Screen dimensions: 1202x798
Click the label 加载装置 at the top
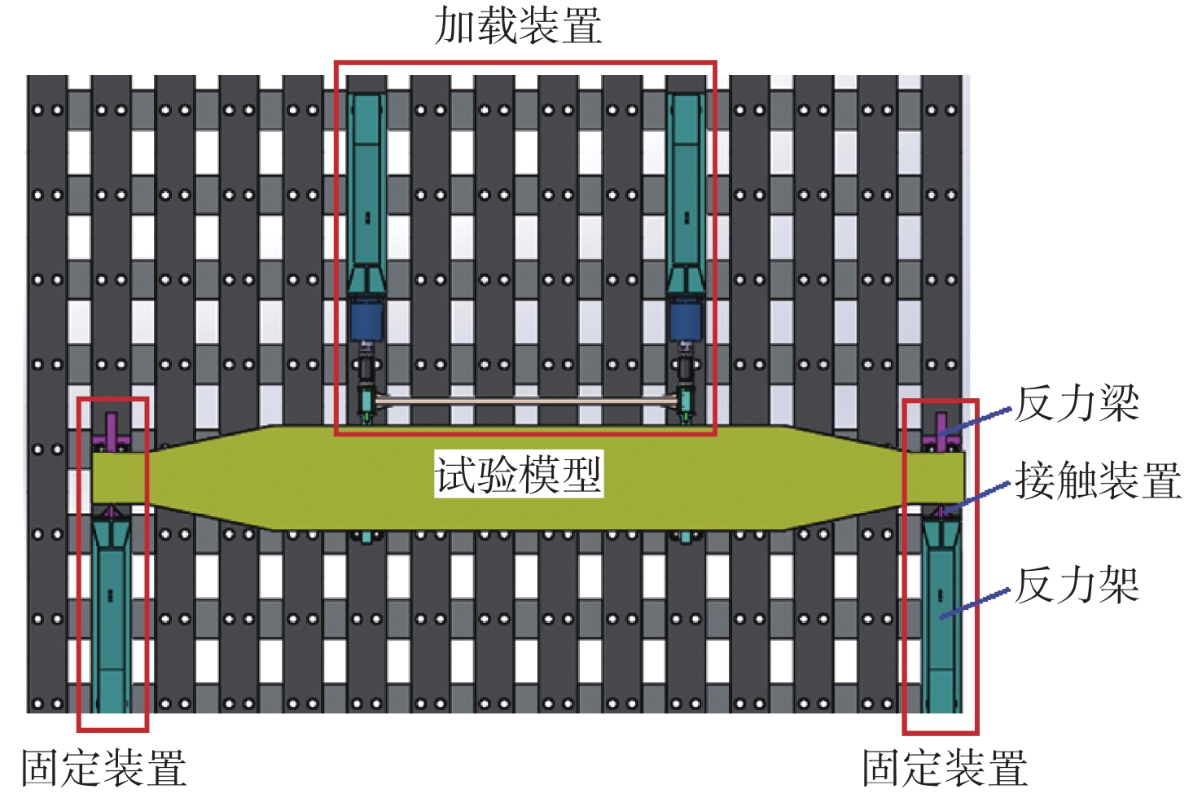pyautogui.click(x=518, y=26)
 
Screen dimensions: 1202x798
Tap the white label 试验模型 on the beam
pyautogui.click(x=519, y=474)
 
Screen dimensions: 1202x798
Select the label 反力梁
pyautogui.click(x=1077, y=404)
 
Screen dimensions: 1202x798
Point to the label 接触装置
pyautogui.click(x=1098, y=481)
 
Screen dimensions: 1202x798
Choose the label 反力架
pyautogui.click(x=1077, y=585)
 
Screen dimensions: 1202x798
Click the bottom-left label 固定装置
pyautogui.click(x=104, y=768)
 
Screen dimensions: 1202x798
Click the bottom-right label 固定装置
pyautogui.click(x=945, y=768)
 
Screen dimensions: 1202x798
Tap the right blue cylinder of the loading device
pyautogui.click(x=686, y=320)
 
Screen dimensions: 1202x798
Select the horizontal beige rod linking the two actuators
pyautogui.click(x=526, y=401)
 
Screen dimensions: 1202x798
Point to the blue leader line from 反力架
pyautogui.click(x=975, y=604)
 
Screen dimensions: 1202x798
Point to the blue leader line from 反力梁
pyautogui.click(x=975, y=421)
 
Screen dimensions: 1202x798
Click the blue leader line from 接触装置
pyautogui.click(x=975, y=498)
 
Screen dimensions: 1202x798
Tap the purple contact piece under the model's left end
pyautogui.click(x=111, y=511)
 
